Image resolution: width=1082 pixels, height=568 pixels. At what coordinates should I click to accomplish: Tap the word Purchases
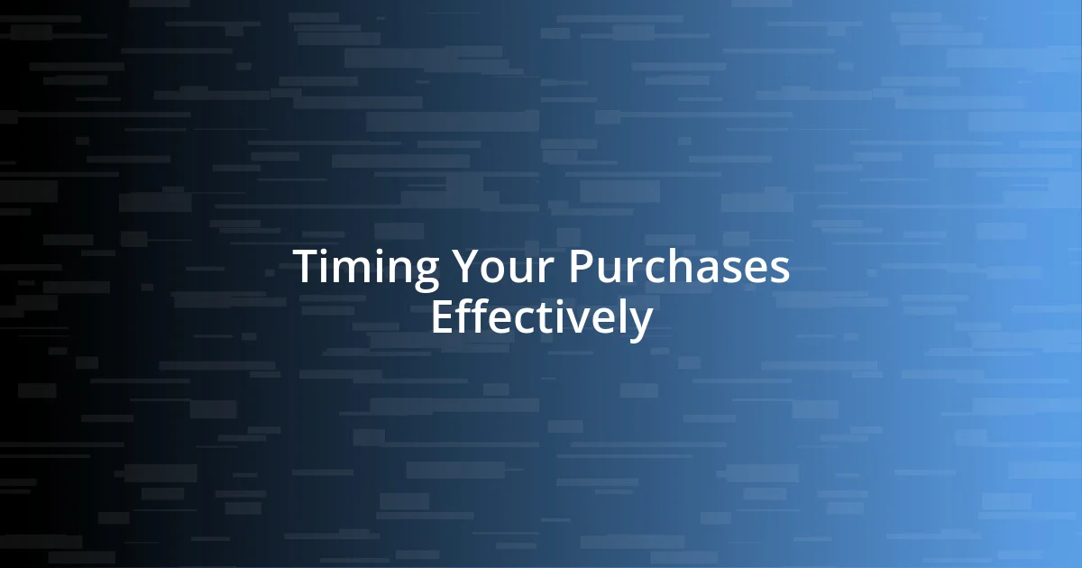[x=679, y=268]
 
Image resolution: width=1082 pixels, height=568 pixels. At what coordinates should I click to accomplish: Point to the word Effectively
[x=541, y=317]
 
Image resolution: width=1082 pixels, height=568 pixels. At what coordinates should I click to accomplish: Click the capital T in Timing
[x=307, y=268]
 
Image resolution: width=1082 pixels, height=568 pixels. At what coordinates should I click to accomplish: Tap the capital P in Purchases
[x=580, y=268]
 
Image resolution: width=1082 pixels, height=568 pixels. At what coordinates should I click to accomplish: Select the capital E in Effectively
[x=441, y=317]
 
